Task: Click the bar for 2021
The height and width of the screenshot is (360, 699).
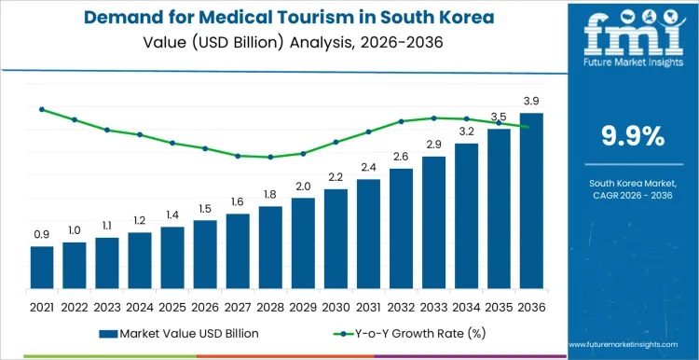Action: click(x=42, y=267)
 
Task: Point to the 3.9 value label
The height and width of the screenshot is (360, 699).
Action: click(x=531, y=101)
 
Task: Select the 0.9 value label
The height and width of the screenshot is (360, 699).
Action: click(x=42, y=235)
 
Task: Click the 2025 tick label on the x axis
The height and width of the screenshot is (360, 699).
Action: click(x=172, y=306)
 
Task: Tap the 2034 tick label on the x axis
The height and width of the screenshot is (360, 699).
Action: click(x=466, y=306)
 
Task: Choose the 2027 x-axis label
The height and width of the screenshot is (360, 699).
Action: click(x=238, y=306)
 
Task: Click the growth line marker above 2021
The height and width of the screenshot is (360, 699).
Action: click(x=42, y=109)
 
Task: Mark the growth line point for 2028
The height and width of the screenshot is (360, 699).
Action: click(x=270, y=157)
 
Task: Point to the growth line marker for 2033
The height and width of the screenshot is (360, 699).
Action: click(x=433, y=118)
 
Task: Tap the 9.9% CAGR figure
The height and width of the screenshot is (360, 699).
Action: click(x=633, y=136)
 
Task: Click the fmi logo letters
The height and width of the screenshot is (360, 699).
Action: click(x=632, y=37)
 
